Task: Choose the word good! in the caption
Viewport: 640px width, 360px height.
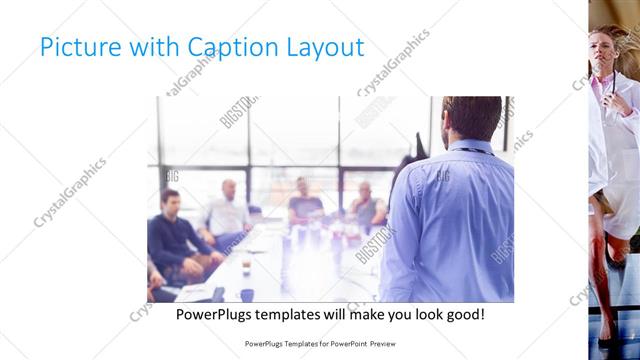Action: tap(463, 314)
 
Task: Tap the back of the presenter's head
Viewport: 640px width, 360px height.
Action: tap(472, 117)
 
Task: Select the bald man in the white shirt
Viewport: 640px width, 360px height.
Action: tap(228, 211)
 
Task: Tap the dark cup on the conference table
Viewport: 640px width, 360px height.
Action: tap(247, 294)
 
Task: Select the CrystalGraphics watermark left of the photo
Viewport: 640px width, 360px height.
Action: tap(70, 193)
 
